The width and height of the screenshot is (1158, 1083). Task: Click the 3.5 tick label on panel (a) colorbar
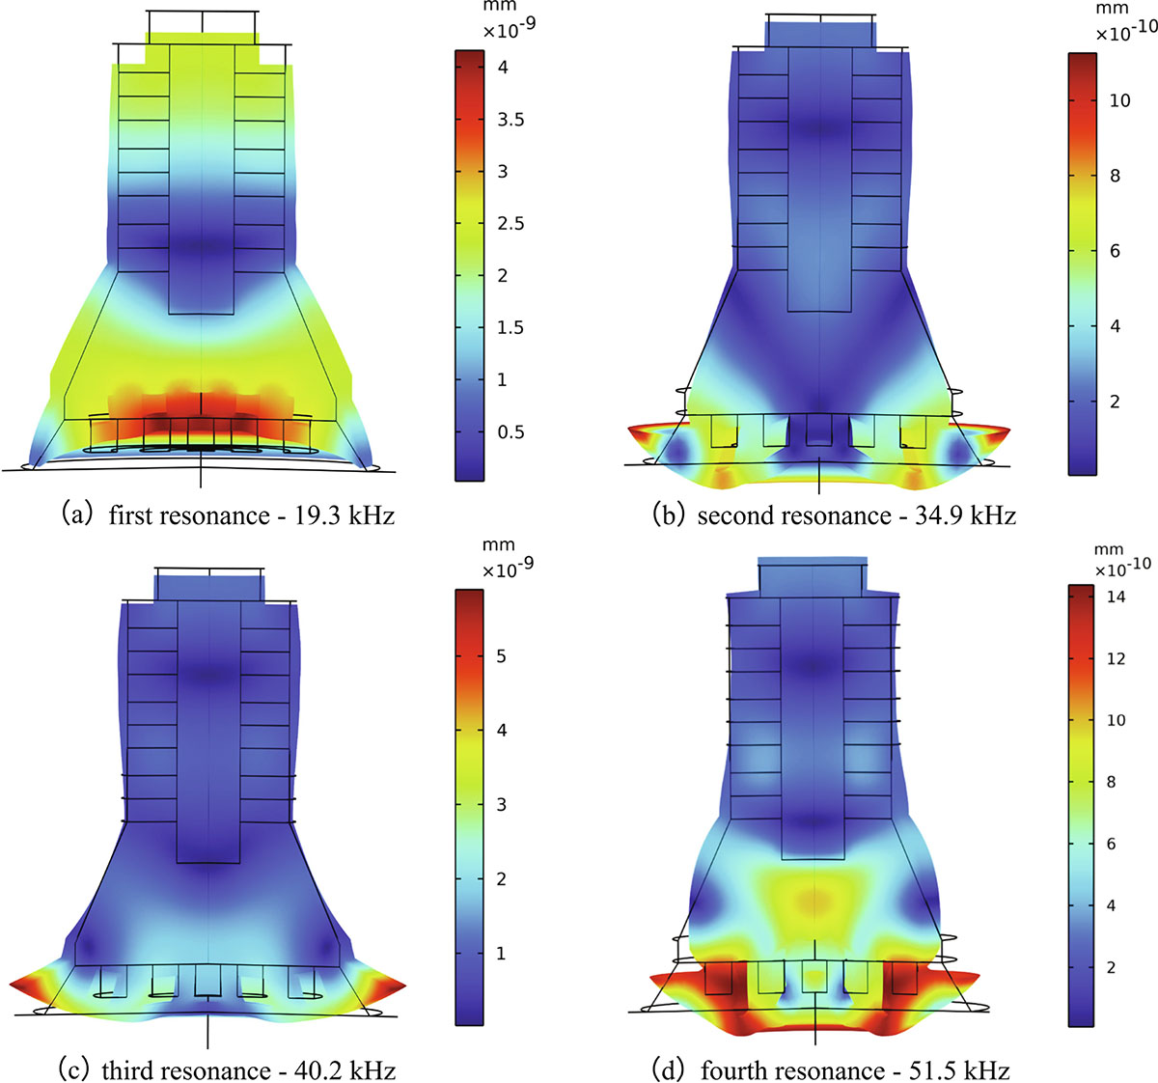tap(510, 120)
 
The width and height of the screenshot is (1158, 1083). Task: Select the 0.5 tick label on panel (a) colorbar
tap(510, 431)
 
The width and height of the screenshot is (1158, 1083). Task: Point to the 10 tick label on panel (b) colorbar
tap(1119, 100)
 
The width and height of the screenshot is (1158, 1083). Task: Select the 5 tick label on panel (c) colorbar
tap(501, 656)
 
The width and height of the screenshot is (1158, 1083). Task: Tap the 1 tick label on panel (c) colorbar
tap(501, 954)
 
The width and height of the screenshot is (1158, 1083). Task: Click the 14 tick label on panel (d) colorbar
tap(1116, 597)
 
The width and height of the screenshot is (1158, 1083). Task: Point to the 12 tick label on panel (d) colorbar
tap(1116, 658)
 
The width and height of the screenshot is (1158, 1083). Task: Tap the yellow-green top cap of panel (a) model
tap(202, 40)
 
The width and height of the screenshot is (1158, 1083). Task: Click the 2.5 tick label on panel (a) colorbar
tap(510, 224)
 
